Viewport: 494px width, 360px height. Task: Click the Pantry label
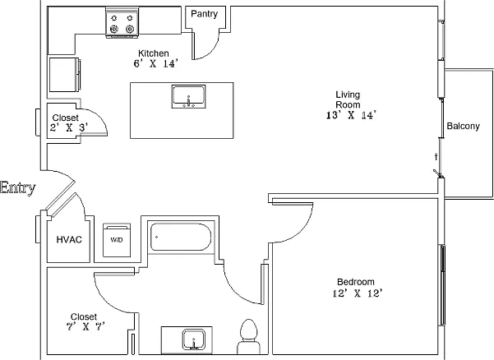[x=204, y=14]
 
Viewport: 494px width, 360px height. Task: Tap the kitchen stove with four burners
[x=122, y=23]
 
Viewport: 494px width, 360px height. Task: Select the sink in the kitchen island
[x=188, y=96]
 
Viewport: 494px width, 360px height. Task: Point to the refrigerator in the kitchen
[x=65, y=75]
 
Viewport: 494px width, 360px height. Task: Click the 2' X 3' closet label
[x=69, y=128]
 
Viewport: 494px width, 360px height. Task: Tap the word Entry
[x=17, y=188]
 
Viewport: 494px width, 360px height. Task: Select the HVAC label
[x=69, y=240]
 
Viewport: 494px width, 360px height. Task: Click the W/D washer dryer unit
[x=117, y=240]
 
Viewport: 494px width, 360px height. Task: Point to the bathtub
[x=181, y=237]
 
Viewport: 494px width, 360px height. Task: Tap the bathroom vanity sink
[x=194, y=339]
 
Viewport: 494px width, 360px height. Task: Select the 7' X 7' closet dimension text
[x=85, y=326]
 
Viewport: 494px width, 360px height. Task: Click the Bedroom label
[x=356, y=282]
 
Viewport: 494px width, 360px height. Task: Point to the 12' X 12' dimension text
[x=358, y=293]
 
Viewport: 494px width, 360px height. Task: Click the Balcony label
[x=463, y=126]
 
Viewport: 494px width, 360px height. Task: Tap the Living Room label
[x=348, y=99]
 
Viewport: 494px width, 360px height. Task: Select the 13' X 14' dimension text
[x=351, y=115]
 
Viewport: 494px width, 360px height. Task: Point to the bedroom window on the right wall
[x=442, y=285]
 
